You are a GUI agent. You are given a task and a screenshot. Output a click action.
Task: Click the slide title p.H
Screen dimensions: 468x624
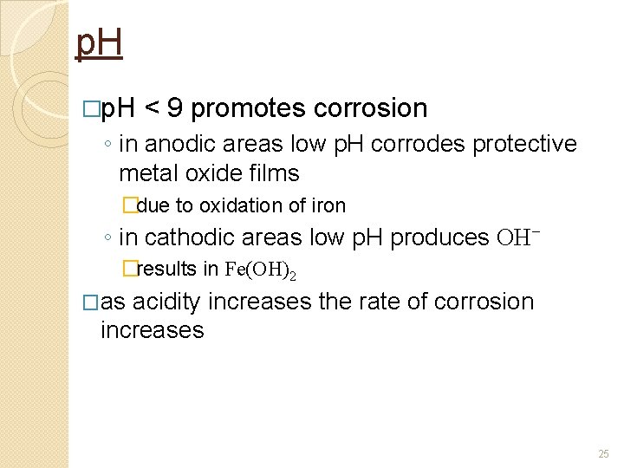click(x=99, y=44)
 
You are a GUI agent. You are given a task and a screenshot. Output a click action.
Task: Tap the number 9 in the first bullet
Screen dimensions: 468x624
click(x=175, y=108)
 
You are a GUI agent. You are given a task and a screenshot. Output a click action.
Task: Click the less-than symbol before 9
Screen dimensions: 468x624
click(x=152, y=109)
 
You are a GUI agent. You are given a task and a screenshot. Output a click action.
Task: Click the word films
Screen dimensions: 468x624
click(x=274, y=173)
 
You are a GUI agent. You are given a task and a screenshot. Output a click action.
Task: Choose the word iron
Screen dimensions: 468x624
click(x=328, y=206)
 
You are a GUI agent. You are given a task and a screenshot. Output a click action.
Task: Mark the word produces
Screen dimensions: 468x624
click(x=440, y=237)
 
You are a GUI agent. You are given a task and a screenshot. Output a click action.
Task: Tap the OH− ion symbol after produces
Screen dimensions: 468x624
click(x=519, y=237)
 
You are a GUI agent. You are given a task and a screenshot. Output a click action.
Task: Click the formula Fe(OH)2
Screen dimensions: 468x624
click(x=260, y=270)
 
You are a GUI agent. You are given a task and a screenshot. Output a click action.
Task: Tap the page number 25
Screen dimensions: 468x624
click(x=603, y=453)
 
